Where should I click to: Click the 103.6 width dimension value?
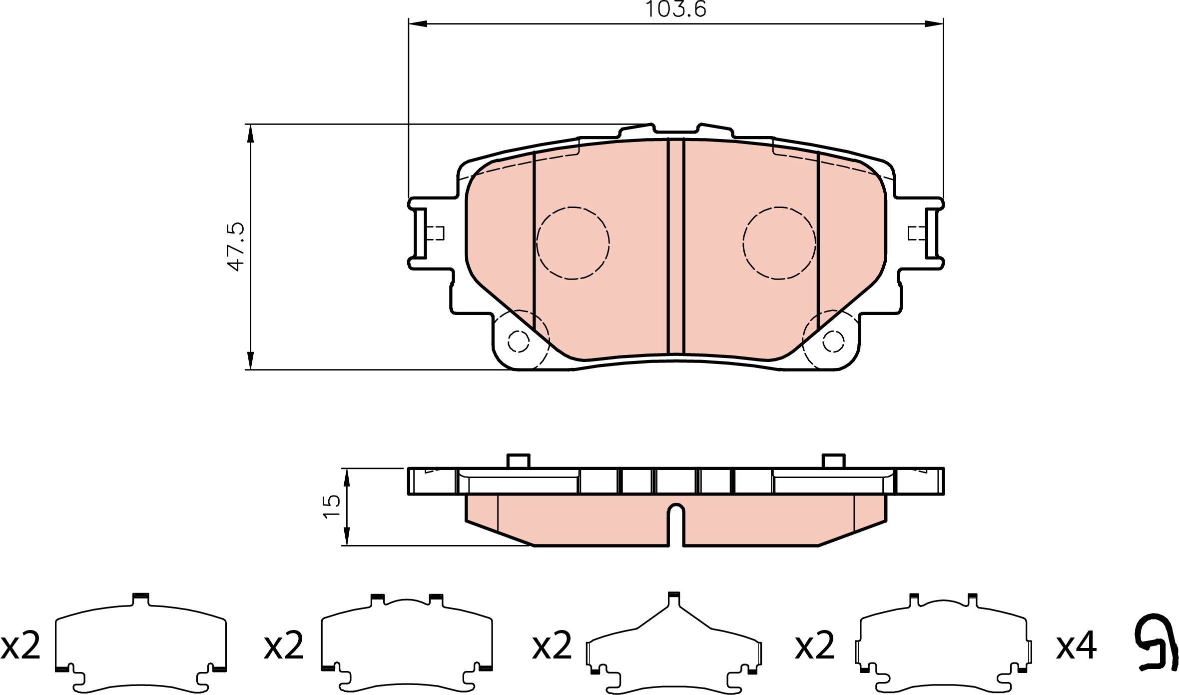tap(676, 9)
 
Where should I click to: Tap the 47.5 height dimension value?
tap(235, 247)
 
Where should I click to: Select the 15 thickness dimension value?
tap(332, 507)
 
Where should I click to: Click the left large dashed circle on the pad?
tap(573, 243)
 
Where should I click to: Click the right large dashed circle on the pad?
tap(779, 243)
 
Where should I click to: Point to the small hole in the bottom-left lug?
tap(518, 342)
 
